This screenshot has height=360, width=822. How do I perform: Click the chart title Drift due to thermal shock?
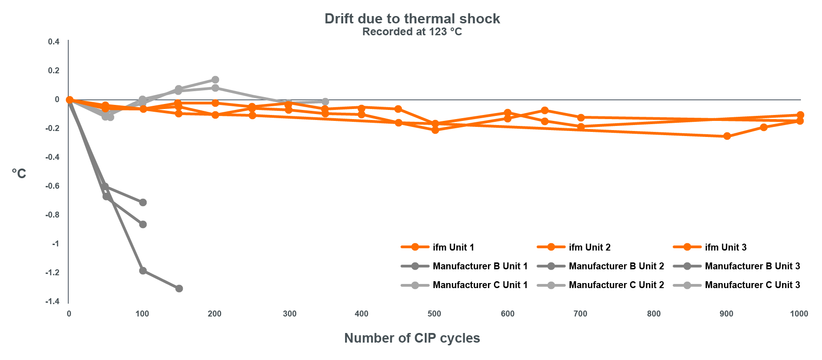pos(412,19)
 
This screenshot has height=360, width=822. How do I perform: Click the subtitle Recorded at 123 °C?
pos(412,32)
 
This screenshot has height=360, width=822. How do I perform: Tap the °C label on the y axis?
pos(19,174)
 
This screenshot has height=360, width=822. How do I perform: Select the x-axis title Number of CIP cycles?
pos(412,338)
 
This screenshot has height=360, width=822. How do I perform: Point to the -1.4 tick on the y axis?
pos(53,301)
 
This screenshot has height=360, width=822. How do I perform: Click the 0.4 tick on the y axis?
pos(54,42)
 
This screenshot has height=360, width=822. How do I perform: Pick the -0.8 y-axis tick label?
pos(53,215)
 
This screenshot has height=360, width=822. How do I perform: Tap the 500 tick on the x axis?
pos(434,314)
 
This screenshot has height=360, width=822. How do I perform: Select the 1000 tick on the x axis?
pos(799,314)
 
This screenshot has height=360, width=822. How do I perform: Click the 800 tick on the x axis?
pos(654,314)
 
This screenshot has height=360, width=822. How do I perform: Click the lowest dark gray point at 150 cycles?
pos(179,289)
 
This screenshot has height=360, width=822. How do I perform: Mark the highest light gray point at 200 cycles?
pos(215,80)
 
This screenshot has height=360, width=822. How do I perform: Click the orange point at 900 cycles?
pos(727,136)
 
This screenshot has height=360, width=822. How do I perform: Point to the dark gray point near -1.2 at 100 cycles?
pos(143,271)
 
